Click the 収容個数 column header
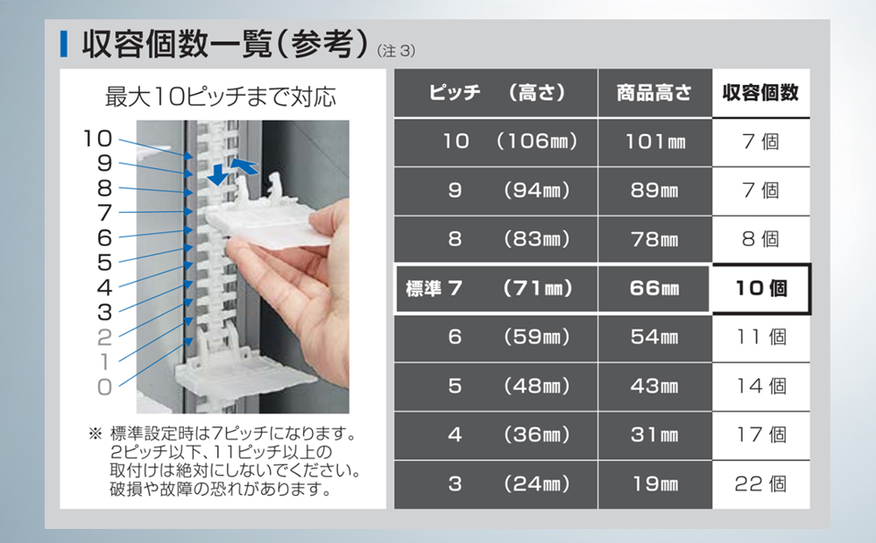(x=760, y=93)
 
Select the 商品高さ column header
(x=654, y=93)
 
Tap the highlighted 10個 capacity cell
(x=761, y=288)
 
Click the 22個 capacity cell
(x=760, y=483)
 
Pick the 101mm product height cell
(x=655, y=141)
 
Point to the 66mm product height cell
(x=654, y=288)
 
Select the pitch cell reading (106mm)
(x=536, y=141)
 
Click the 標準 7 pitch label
(x=434, y=288)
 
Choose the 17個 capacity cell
(x=761, y=434)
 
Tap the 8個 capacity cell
(x=760, y=239)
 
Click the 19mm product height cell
(x=655, y=483)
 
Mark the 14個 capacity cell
(x=761, y=386)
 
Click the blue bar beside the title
(x=64, y=44)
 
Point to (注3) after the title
(x=396, y=51)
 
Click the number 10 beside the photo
(x=98, y=138)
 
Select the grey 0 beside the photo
(x=104, y=386)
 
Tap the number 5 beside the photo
(x=104, y=263)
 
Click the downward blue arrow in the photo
(x=217, y=175)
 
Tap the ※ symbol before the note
(x=95, y=434)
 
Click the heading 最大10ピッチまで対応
(x=221, y=96)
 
